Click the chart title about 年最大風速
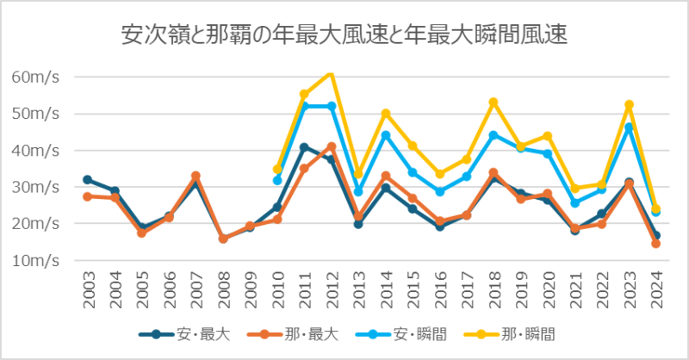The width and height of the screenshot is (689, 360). [x=344, y=36]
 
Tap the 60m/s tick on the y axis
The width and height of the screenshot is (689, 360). [x=35, y=77]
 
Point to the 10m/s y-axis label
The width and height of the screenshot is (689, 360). [x=35, y=260]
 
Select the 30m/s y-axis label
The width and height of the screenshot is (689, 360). [x=35, y=187]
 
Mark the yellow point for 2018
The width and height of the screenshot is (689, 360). [x=493, y=102]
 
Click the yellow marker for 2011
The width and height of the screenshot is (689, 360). [x=304, y=94]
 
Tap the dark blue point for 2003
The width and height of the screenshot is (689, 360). [x=87, y=180]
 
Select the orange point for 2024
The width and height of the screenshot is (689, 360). [x=655, y=244]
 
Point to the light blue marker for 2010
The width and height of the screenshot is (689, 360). [x=277, y=180]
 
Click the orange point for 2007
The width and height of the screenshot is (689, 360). [x=196, y=176]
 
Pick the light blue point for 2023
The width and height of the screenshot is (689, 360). [x=629, y=127]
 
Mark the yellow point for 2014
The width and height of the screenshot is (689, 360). [x=385, y=114]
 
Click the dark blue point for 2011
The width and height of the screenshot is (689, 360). [x=304, y=147]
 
